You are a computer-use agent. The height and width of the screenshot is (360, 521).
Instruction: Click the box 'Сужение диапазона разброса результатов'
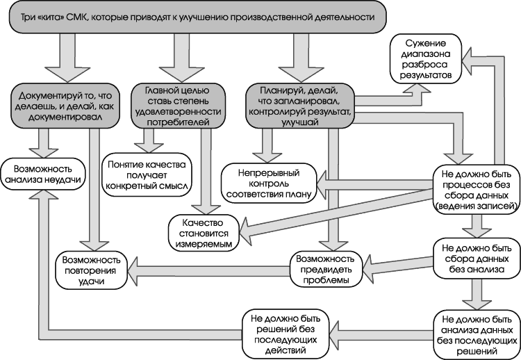point(426,59)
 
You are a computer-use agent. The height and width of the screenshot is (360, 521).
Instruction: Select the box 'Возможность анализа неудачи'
point(43,174)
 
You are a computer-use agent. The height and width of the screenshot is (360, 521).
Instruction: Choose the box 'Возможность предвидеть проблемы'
point(326,269)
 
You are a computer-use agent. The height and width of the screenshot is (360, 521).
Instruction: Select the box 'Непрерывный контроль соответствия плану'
point(269,183)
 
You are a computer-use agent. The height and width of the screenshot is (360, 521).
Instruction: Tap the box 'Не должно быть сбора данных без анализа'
point(476,259)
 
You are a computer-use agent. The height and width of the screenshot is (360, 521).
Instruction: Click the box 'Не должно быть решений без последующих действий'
point(286,334)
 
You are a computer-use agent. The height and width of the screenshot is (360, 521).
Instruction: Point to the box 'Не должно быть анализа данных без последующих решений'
point(477,335)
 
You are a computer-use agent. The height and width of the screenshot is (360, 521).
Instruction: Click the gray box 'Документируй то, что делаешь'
point(65,106)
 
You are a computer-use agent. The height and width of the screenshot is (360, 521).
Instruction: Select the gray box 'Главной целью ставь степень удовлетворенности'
point(178,106)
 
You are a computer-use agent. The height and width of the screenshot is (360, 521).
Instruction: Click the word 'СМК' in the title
point(76,17)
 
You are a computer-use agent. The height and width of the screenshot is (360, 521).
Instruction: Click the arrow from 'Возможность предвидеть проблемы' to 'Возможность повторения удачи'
point(210,269)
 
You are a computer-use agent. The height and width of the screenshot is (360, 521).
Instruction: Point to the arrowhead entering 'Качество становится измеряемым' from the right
point(245,231)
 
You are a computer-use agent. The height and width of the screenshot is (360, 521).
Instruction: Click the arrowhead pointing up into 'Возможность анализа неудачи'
point(43,196)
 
